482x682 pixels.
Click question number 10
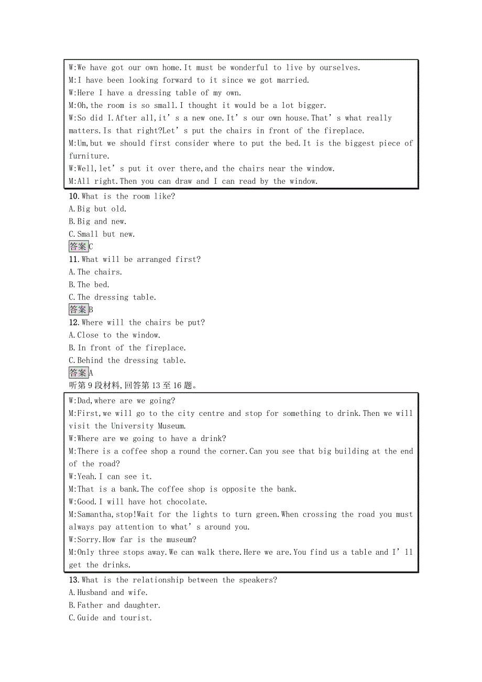tap(73, 196)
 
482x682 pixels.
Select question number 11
tap(73, 259)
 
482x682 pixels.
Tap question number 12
tap(73, 323)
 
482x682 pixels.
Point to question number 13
tap(73, 580)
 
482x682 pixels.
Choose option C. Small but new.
tap(102, 234)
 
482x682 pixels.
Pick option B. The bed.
tap(89, 285)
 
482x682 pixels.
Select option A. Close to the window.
tap(115, 335)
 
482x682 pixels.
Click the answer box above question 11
tap(79, 247)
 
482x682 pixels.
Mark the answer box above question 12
tap(79, 310)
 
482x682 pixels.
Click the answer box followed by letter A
tap(79, 373)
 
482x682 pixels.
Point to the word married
tap(292, 80)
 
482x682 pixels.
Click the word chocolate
tap(186, 502)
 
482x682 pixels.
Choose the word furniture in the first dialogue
tap(89, 156)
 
